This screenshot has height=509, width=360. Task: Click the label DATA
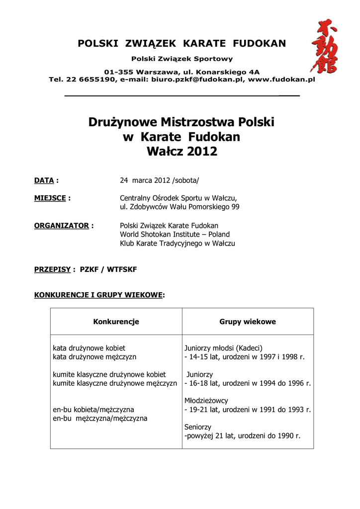point(44,180)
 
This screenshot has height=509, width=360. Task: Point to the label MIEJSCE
point(50,198)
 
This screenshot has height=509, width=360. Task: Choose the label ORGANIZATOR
point(61,226)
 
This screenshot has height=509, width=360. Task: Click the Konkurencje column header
point(116,322)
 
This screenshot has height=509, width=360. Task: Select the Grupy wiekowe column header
point(248,322)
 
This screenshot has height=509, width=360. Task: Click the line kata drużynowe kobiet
point(89,348)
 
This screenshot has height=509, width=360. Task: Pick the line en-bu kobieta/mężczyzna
point(93,410)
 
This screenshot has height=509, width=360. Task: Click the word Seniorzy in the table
point(198,427)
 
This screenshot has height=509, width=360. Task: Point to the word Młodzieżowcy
point(206,401)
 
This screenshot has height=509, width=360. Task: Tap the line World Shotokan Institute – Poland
point(175,234)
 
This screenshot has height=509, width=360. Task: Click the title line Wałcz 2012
point(182,152)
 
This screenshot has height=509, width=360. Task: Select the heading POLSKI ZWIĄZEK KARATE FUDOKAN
point(181,44)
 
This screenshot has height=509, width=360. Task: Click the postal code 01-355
point(118,72)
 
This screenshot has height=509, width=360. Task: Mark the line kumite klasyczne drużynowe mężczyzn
point(115,383)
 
